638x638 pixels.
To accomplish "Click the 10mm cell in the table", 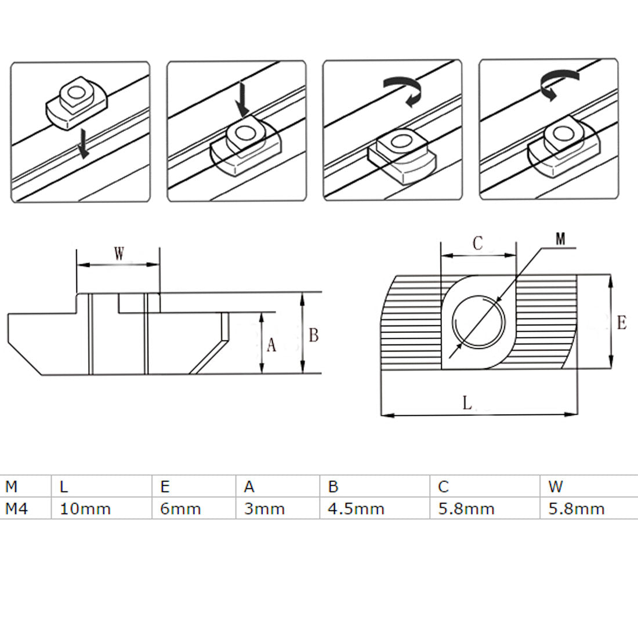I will point(85,509).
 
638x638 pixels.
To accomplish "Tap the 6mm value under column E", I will point(180,509).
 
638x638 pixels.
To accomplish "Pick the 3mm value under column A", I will point(264,509).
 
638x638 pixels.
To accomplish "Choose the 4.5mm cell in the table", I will point(356,509).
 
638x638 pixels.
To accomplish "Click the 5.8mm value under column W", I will point(576,509).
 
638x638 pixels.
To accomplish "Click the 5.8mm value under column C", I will point(466,509).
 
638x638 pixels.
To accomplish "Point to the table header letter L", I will point(64,487).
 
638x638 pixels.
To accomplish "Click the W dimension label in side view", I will point(119,254).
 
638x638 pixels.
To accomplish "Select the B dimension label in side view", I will point(313,335).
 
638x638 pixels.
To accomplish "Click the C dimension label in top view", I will point(477,244).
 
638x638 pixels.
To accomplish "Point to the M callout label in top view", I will point(560,238).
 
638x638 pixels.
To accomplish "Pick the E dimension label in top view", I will point(621,323).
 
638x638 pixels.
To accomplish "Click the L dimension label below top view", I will point(467,404).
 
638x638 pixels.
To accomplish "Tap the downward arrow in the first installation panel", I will point(84,144).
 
